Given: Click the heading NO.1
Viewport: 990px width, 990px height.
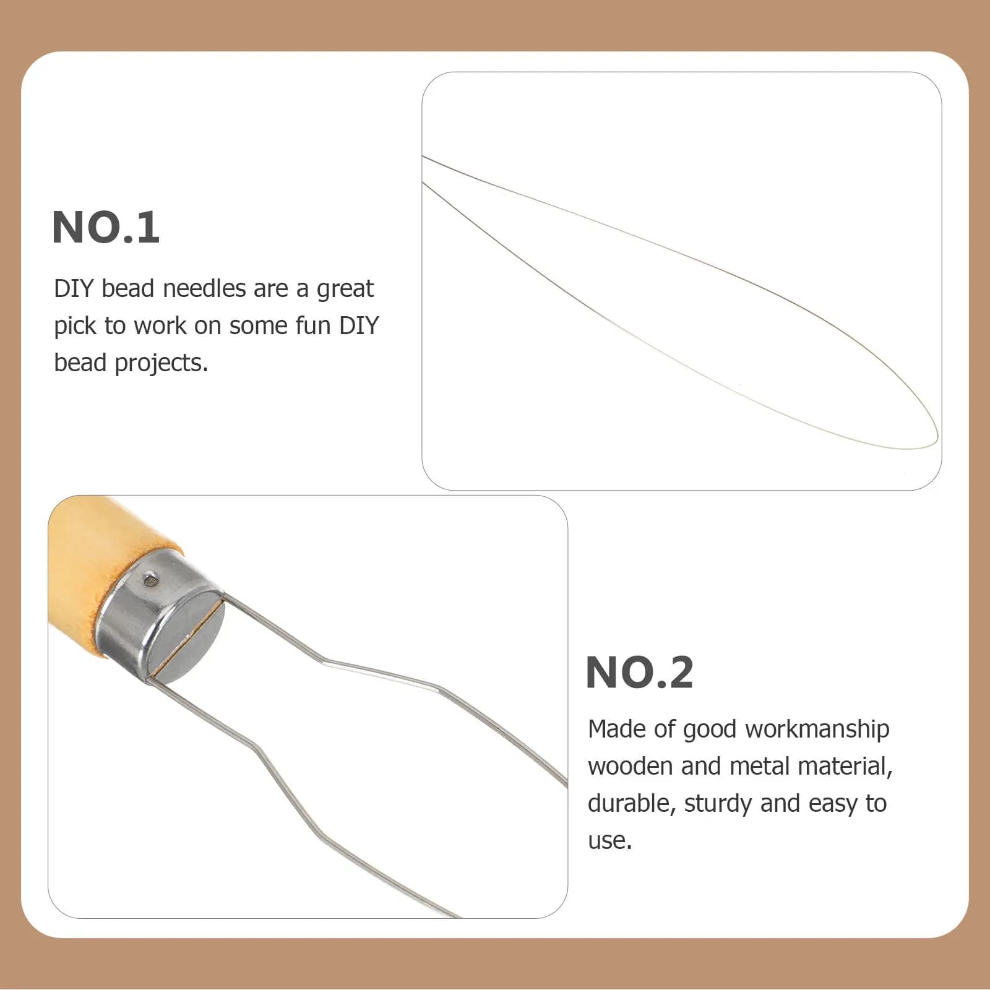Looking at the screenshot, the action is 106,227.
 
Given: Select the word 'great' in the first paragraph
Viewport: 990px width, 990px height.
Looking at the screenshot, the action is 345,290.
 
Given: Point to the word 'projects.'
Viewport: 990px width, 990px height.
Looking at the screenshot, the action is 161,364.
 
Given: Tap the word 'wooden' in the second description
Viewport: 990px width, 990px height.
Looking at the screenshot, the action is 631,766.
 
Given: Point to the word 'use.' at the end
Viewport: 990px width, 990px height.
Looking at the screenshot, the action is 610,841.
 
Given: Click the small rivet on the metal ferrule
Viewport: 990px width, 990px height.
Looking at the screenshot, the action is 149,580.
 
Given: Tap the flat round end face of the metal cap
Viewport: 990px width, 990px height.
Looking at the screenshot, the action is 184,637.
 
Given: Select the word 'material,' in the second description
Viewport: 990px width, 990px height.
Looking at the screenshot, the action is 845,767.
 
